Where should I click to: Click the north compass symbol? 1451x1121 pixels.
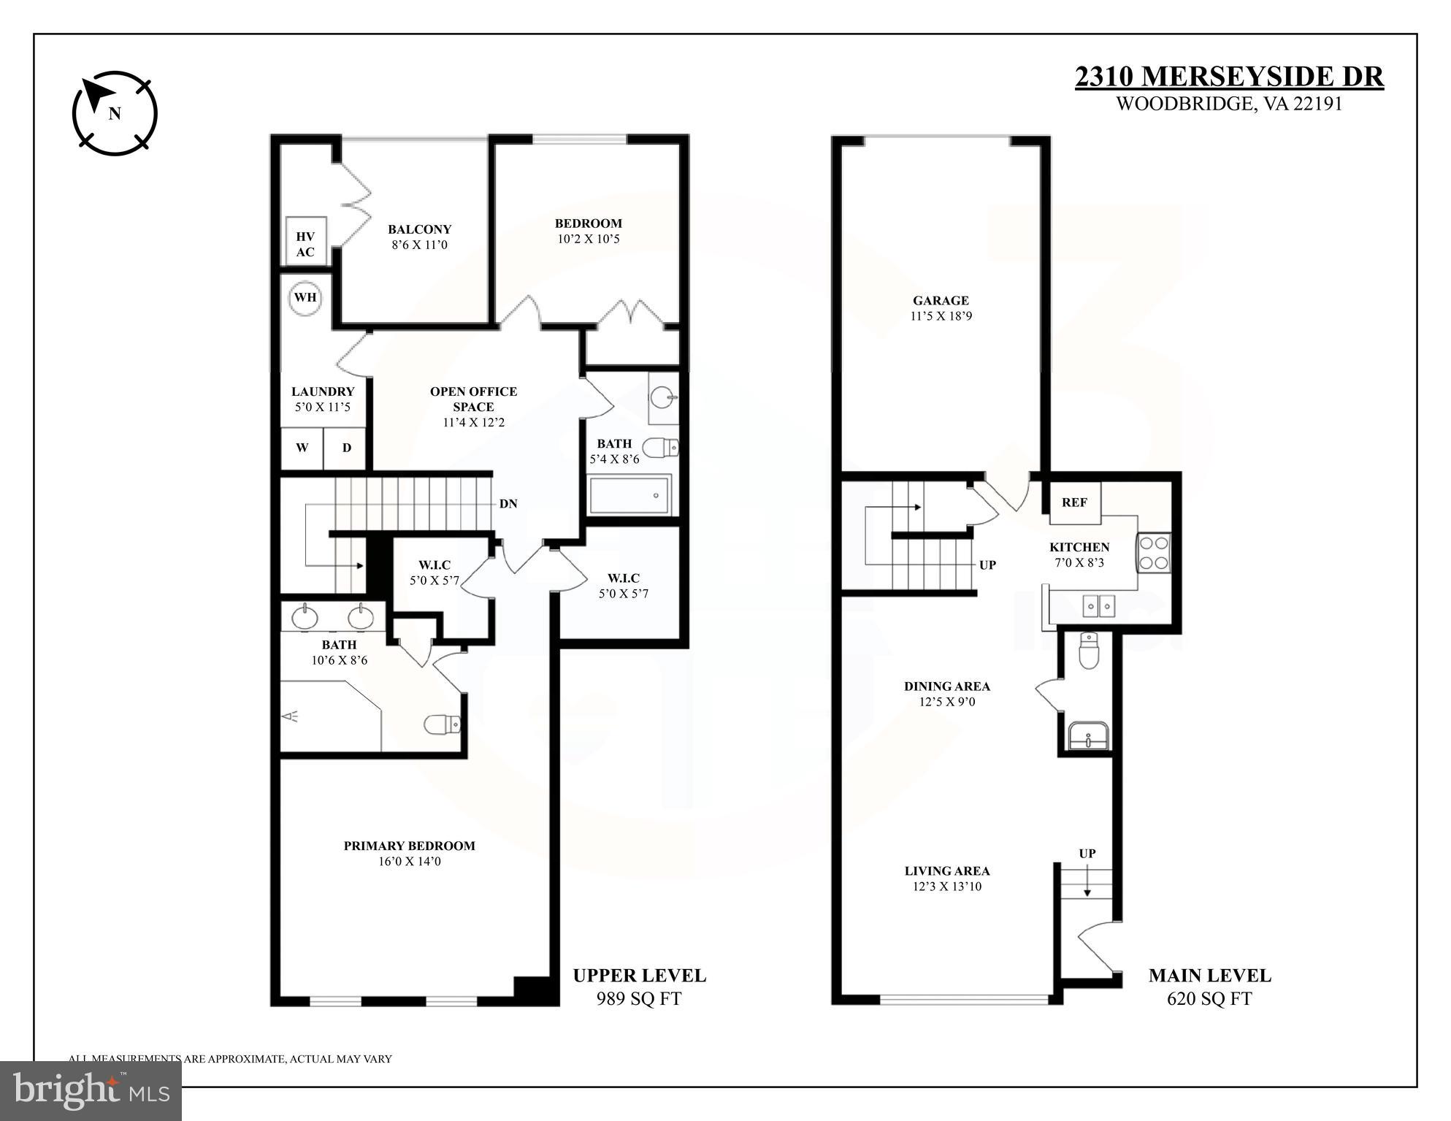(x=115, y=112)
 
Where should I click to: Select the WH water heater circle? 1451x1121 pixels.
(x=305, y=297)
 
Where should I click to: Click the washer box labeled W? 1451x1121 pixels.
(x=302, y=448)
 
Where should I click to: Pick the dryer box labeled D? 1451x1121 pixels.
(x=347, y=448)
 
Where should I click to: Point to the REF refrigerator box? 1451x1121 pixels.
(x=1074, y=502)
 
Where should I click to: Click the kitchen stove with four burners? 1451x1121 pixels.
(x=1154, y=552)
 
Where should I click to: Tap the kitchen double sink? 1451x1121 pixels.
(x=1099, y=605)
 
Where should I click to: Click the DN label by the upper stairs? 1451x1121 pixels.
(x=508, y=503)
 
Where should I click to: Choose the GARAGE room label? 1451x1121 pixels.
(x=941, y=300)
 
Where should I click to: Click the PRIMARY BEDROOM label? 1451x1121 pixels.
(x=409, y=846)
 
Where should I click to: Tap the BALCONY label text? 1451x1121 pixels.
(x=419, y=229)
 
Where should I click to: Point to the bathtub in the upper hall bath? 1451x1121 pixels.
(x=629, y=495)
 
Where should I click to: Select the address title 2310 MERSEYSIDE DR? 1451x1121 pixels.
(x=1228, y=77)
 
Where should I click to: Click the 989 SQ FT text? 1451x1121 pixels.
(x=638, y=998)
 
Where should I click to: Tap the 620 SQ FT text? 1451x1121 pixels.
(x=1209, y=998)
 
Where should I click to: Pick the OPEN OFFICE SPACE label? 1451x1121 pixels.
(x=473, y=399)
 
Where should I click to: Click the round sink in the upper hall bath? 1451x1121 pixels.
(x=663, y=398)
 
